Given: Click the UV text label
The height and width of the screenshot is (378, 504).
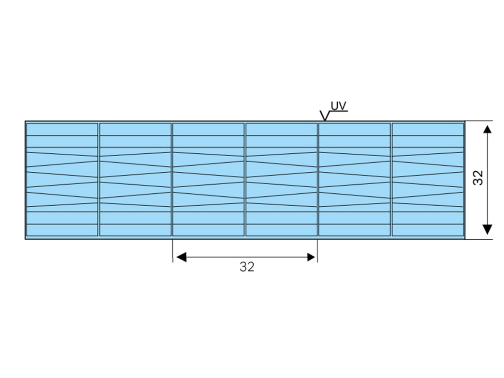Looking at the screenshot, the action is pyautogui.click(x=339, y=106).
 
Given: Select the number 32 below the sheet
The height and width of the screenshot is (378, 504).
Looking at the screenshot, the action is pyautogui.click(x=247, y=267).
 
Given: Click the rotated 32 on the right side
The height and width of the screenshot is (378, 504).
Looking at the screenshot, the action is pyautogui.click(x=478, y=178).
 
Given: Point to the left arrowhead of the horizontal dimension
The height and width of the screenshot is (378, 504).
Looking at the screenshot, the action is pyautogui.click(x=181, y=257).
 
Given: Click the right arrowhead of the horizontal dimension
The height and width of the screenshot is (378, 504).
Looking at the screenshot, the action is pyautogui.click(x=311, y=257).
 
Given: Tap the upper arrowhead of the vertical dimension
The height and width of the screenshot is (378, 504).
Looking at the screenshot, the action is pyautogui.click(x=488, y=129).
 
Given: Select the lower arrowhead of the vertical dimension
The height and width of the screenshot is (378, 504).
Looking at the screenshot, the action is pyautogui.click(x=488, y=229).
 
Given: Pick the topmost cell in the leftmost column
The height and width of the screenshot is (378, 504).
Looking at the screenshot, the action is pyautogui.click(x=62, y=130).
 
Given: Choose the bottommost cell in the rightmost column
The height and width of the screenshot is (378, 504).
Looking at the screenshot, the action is pyautogui.click(x=428, y=230).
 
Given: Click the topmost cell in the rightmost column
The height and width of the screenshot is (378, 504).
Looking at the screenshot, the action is pyautogui.click(x=428, y=130).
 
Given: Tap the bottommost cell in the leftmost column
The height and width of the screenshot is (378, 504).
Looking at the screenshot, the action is pyautogui.click(x=62, y=230).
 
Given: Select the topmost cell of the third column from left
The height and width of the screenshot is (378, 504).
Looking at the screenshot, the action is pyautogui.click(x=208, y=130).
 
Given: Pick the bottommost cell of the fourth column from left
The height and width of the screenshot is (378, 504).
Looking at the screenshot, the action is pyautogui.click(x=282, y=230).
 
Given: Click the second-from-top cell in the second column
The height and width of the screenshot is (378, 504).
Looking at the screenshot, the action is pyautogui.click(x=135, y=141).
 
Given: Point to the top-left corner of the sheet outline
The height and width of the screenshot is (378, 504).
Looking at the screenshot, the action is pyautogui.click(x=25, y=121).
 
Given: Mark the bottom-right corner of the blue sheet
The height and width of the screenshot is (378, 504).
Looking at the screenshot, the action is pyautogui.click(x=465, y=239).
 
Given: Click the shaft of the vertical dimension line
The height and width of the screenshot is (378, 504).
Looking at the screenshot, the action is pyautogui.click(x=488, y=179).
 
